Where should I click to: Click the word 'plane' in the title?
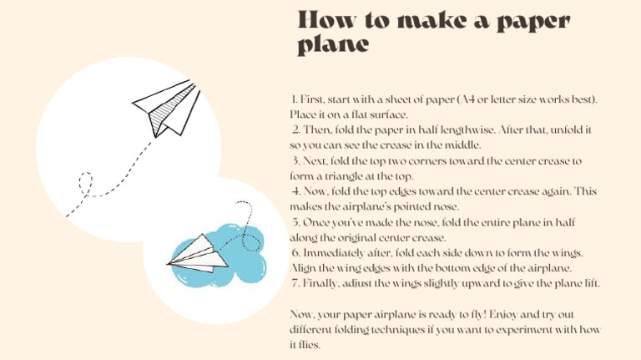(333, 45)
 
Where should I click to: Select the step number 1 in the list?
(285, 99)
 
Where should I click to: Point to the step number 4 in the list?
(295, 191)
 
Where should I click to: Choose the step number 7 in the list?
(295, 283)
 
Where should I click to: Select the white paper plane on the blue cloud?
(199, 252)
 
